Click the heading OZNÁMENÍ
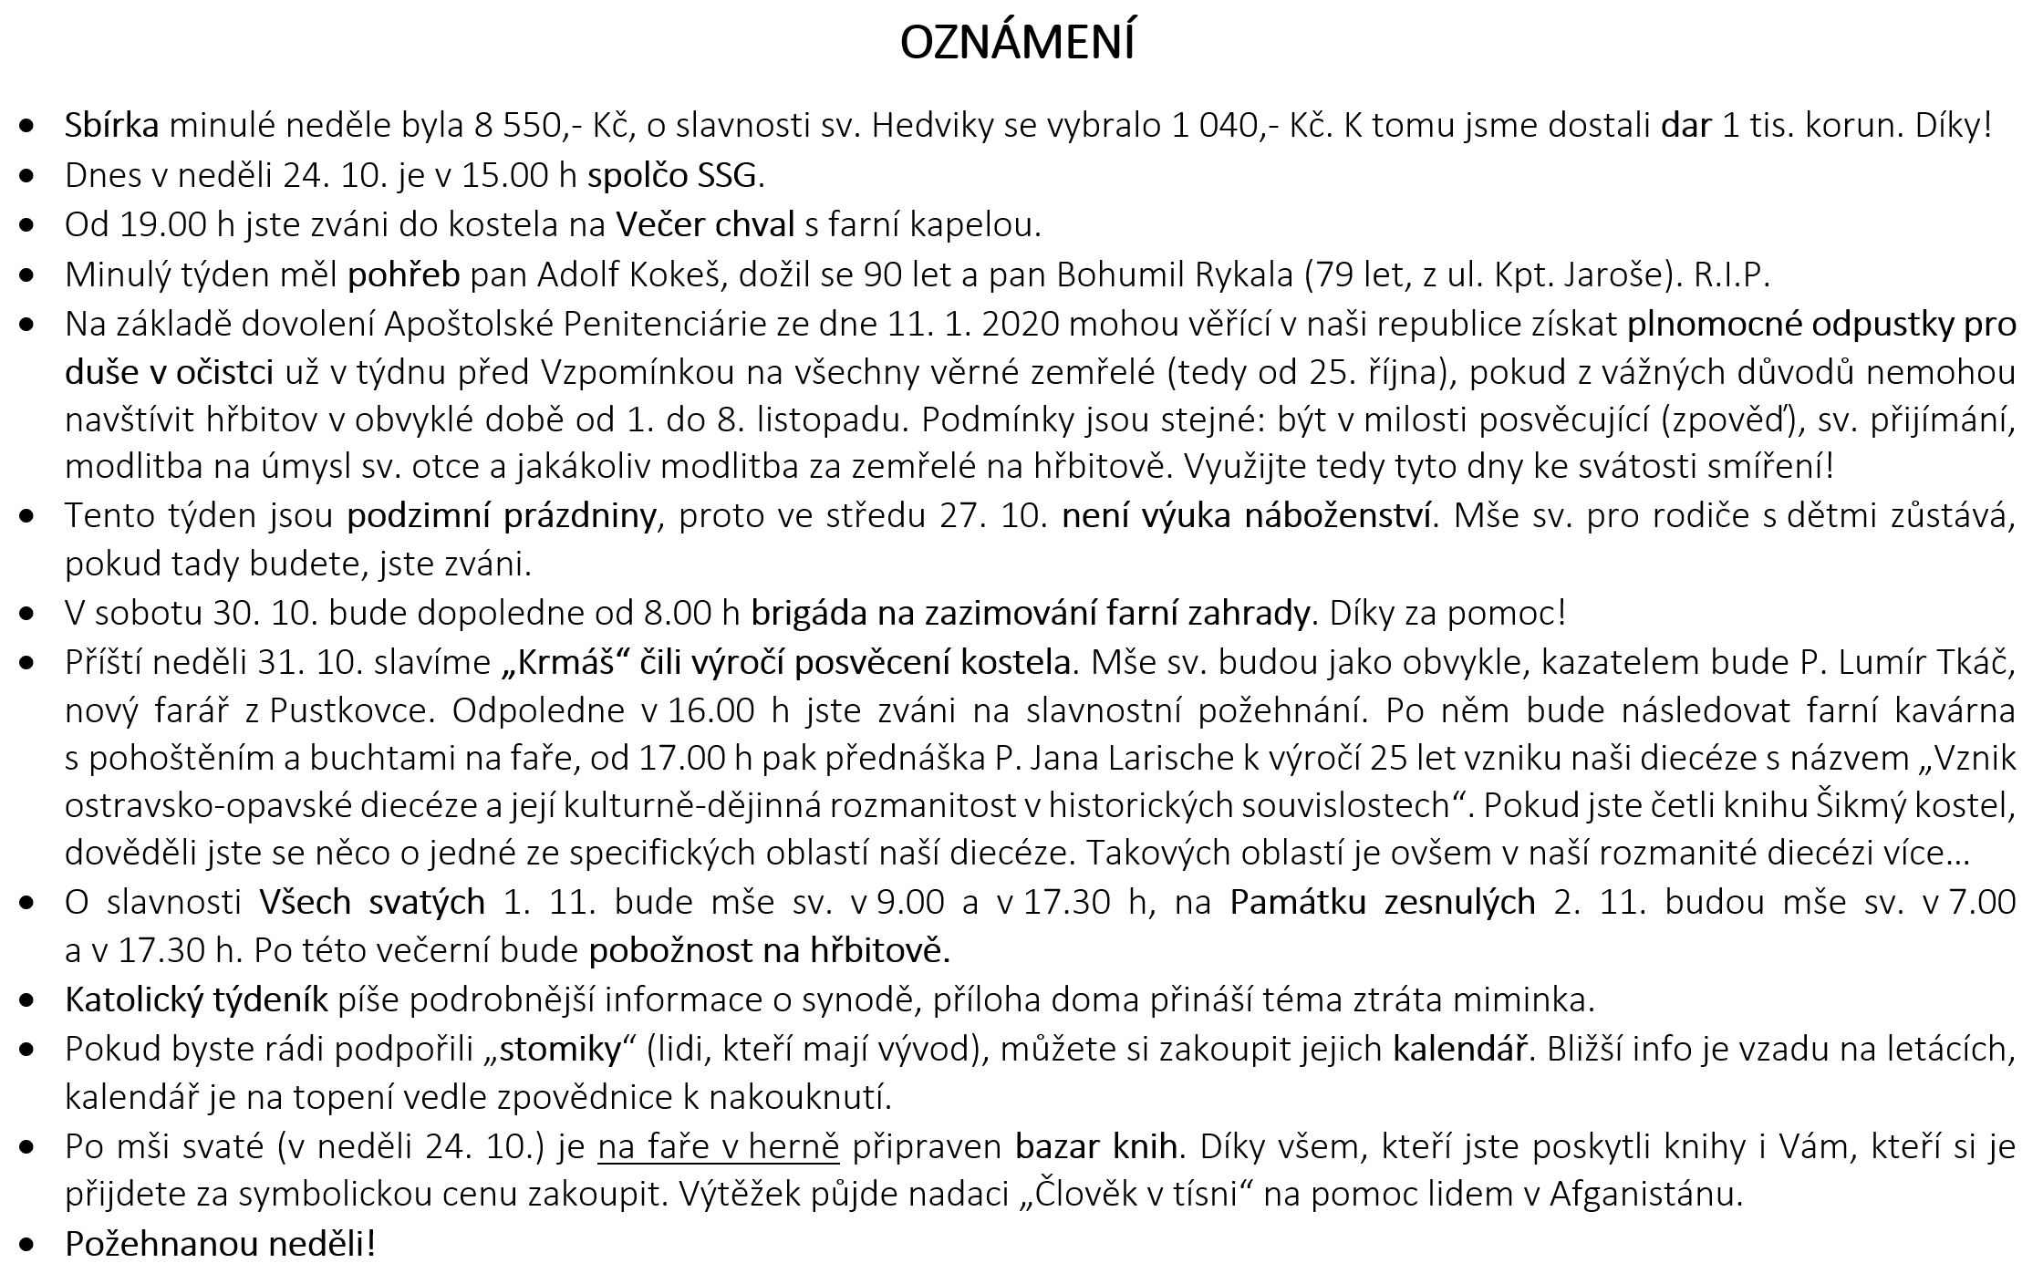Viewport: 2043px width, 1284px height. [x=1017, y=43]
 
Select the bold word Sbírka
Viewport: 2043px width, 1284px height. [x=111, y=125]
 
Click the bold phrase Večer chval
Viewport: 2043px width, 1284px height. [x=705, y=223]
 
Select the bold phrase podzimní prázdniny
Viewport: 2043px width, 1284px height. [x=502, y=516]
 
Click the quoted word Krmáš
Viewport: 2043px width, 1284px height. [x=567, y=662]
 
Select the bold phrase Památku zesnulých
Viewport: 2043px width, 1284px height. [x=1383, y=902]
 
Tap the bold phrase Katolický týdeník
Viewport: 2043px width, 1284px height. [x=196, y=999]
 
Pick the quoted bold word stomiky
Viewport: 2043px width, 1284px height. [x=561, y=1049]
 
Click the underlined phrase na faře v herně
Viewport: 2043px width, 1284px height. [x=718, y=1146]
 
